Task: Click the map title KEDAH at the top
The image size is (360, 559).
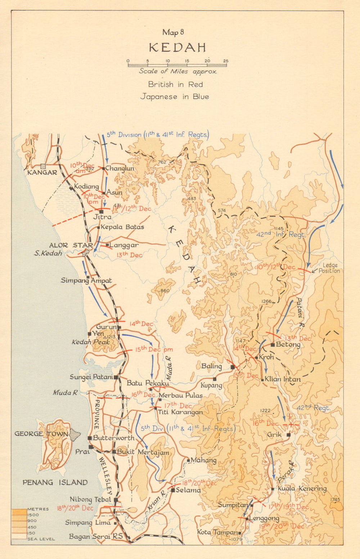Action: point(177,48)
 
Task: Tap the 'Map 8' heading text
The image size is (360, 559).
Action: point(173,32)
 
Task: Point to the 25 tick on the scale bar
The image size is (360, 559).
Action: point(225,61)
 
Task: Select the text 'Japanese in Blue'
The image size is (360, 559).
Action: point(174,96)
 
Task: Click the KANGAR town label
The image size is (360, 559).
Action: point(42,172)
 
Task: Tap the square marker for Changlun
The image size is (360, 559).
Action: point(103,168)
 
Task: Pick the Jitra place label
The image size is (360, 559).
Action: point(102,217)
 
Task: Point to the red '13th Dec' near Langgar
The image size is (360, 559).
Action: point(129,255)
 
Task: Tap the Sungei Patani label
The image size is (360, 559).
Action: point(91,377)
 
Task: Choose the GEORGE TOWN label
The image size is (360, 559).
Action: point(41,434)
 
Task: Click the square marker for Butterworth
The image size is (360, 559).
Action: point(90,438)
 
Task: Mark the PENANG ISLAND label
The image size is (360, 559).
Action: point(55,482)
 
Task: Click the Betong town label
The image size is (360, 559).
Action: point(288,344)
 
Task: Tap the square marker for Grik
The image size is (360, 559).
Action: point(288,435)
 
